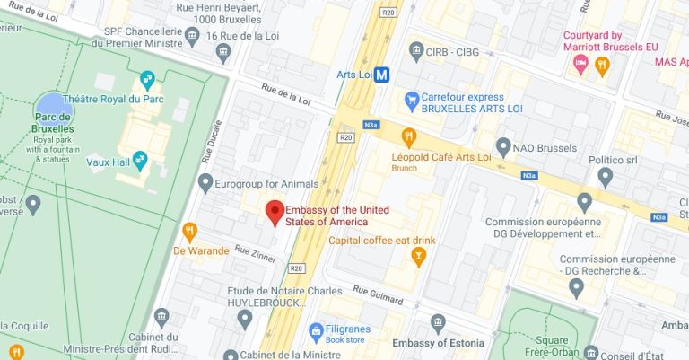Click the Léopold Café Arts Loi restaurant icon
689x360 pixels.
(409, 137)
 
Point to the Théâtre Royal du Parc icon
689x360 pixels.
(147, 78)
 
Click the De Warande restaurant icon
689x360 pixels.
(189, 231)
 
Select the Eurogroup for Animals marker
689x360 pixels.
(205, 184)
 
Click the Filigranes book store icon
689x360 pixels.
(315, 331)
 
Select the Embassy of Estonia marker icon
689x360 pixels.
(438, 322)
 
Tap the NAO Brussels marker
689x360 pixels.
(504, 145)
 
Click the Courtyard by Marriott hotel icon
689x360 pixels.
(580, 64)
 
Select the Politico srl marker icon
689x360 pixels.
(606, 176)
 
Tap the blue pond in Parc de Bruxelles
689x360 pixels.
(49, 104)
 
